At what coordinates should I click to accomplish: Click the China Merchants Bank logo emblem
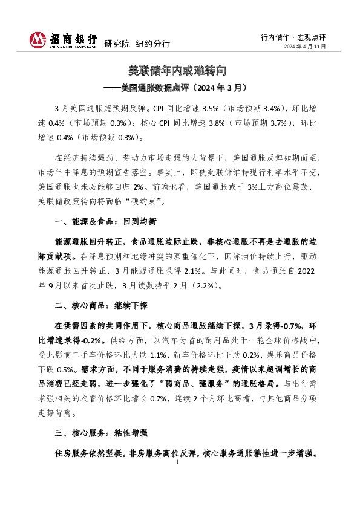(x=38, y=39)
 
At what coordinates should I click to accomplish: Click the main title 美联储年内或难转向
(x=180, y=71)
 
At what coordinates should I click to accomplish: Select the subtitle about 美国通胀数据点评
(x=180, y=87)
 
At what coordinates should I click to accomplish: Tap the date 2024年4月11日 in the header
(x=305, y=47)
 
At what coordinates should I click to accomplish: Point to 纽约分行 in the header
(x=152, y=44)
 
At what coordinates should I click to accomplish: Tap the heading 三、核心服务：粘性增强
(x=91, y=433)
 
